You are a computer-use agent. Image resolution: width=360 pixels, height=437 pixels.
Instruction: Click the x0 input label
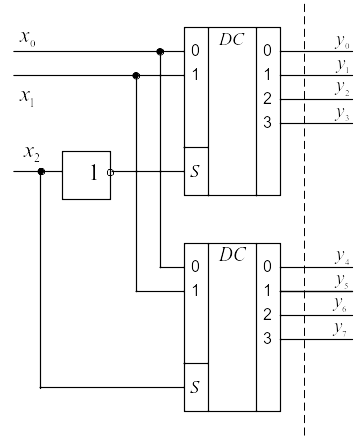[x=27, y=38]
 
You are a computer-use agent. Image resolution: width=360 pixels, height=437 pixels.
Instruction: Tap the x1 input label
[x=27, y=98]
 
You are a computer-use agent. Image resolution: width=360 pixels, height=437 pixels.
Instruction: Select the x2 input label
[x=31, y=154]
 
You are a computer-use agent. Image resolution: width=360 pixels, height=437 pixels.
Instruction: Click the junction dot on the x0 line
[x=160, y=51]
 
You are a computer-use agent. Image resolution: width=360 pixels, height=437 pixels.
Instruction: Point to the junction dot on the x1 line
[x=136, y=76]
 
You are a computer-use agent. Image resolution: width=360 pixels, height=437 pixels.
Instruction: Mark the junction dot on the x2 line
[x=41, y=172]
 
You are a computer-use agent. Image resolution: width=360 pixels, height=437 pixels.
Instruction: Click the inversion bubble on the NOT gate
[x=110, y=172]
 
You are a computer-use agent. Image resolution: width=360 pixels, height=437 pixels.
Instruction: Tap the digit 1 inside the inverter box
[x=94, y=172]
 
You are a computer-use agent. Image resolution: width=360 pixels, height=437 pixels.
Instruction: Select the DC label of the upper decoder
[x=232, y=39]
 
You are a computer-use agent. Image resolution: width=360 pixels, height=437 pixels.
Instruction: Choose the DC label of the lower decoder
[x=232, y=255]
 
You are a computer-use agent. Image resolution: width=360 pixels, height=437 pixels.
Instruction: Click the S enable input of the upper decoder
[x=195, y=171]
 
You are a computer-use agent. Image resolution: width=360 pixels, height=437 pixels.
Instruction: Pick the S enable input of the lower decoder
[x=195, y=387]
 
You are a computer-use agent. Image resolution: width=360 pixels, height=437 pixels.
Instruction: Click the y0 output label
[x=342, y=42]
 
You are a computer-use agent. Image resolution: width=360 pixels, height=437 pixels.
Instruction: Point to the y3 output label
[x=342, y=114]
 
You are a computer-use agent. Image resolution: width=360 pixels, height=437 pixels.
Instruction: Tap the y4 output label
[x=342, y=258]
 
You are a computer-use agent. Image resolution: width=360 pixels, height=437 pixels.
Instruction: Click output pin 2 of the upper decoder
[x=267, y=99]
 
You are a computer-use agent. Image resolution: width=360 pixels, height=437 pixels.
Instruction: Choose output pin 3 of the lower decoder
[x=267, y=339]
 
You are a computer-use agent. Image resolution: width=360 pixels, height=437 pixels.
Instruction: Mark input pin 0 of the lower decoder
[x=195, y=267]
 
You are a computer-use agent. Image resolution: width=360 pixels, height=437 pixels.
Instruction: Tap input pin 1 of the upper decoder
[x=195, y=75]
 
